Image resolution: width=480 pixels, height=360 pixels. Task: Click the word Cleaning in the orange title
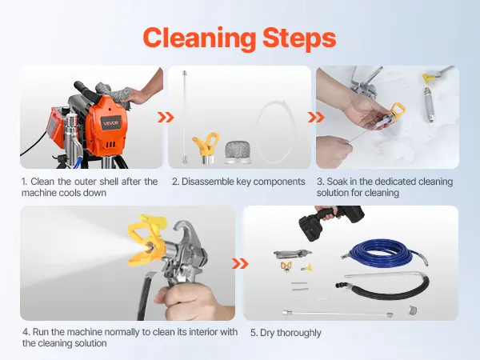click(x=199, y=38)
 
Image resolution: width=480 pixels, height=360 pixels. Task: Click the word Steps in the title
click(x=299, y=38)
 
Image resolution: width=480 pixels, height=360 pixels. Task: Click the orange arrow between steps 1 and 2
click(x=166, y=118)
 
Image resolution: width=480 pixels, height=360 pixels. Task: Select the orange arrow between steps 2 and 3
click(x=316, y=118)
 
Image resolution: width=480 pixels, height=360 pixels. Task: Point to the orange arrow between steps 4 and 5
click(x=240, y=263)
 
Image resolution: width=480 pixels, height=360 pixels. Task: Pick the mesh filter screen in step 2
click(x=238, y=152)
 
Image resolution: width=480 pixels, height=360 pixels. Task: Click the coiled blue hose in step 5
click(x=385, y=254)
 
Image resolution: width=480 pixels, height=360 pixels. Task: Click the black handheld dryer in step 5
click(x=327, y=221)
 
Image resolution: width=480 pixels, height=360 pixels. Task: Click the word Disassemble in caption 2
click(x=208, y=182)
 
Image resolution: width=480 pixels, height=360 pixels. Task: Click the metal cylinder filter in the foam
click(x=429, y=105)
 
